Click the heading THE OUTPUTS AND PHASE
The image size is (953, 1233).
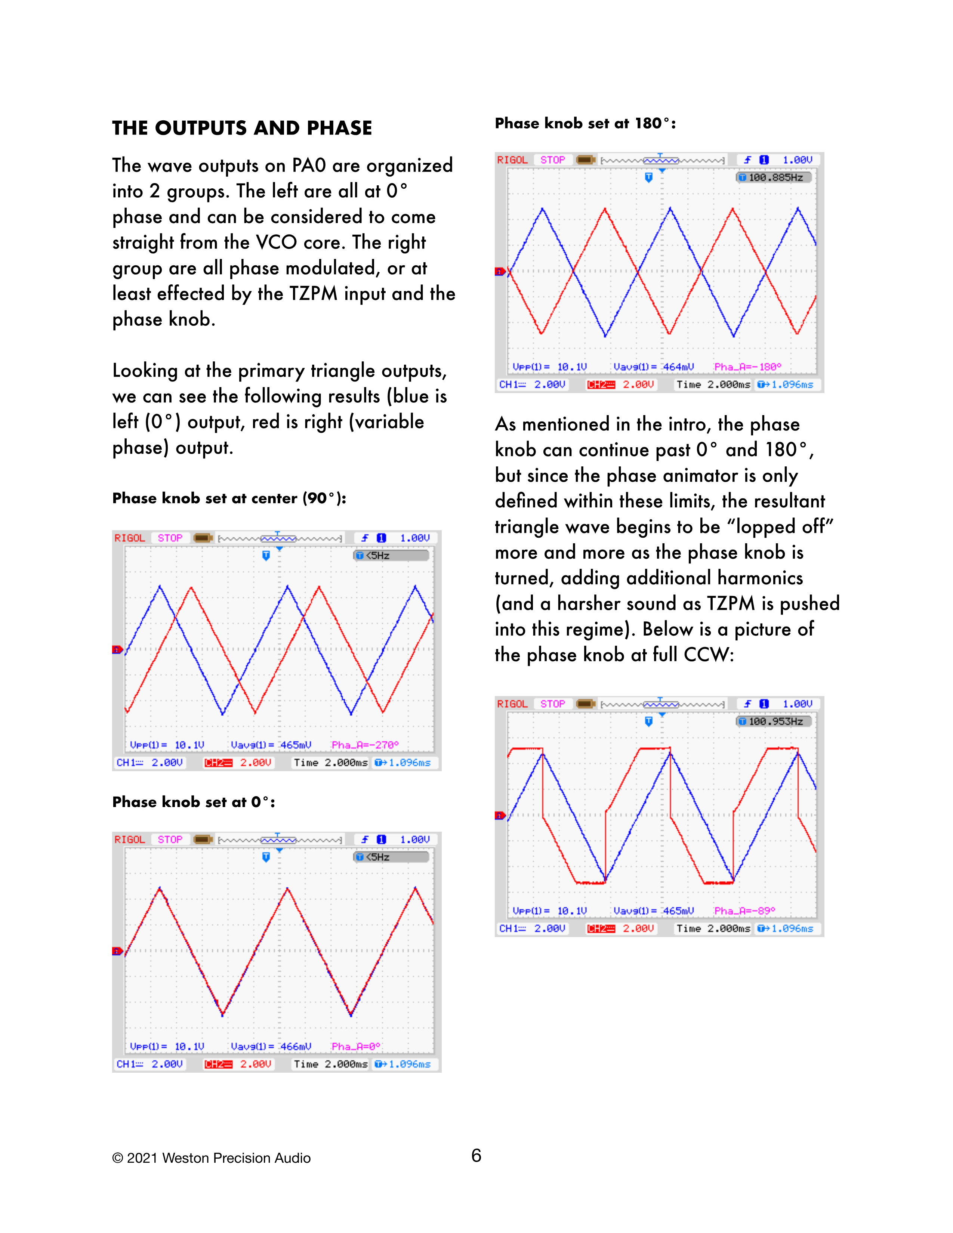242,128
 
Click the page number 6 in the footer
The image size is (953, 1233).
476,1156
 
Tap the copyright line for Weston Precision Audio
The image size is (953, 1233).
211,1158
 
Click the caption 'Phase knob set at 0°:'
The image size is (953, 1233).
194,802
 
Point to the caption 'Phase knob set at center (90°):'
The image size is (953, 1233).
229,498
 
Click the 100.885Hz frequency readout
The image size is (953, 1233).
775,177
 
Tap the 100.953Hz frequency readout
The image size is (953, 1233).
775,721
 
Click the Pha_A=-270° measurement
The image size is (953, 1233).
365,745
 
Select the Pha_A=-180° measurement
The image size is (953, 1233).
747,367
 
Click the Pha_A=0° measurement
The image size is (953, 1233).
356,1047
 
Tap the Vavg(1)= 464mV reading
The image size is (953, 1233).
653,367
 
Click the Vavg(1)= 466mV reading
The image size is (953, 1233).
271,1047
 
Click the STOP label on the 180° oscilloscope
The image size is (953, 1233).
552,160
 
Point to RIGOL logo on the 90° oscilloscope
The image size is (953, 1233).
130,538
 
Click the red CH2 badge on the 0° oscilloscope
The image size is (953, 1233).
218,1064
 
